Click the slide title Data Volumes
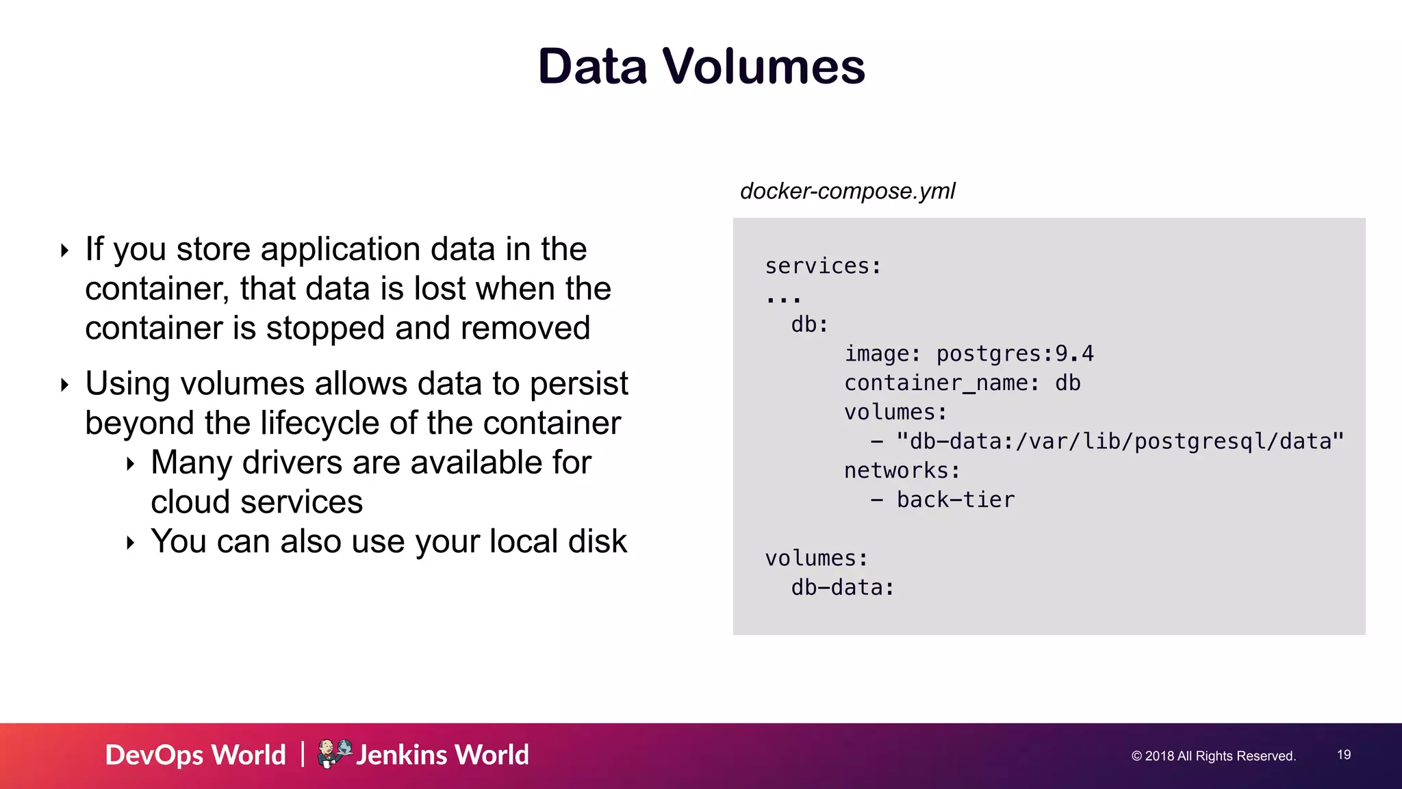click(701, 66)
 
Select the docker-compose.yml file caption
click(847, 191)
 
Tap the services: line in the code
click(823, 266)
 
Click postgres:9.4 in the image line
click(1015, 354)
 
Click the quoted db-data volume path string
click(1120, 441)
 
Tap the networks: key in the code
click(902, 471)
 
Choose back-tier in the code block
click(956, 500)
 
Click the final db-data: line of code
click(842, 588)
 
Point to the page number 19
click(1344, 755)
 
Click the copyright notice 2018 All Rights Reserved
click(1213, 756)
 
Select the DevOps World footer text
click(195, 755)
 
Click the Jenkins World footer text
click(443, 755)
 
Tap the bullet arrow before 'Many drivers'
click(130, 465)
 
